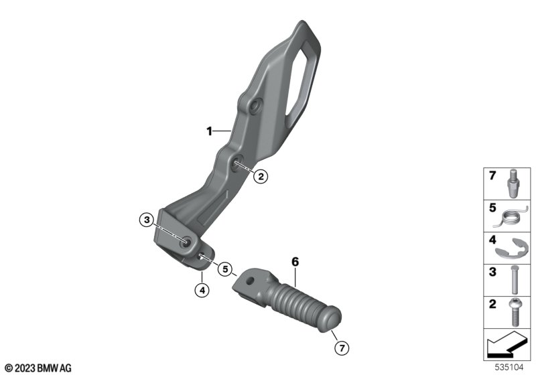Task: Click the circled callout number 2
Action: tap(261, 177)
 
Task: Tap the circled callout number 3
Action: tap(147, 220)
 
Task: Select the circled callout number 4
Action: tap(202, 291)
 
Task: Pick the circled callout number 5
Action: tap(225, 269)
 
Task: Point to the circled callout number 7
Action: tap(342, 348)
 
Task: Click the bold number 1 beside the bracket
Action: tap(209, 131)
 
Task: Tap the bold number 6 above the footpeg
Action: tap(295, 262)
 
